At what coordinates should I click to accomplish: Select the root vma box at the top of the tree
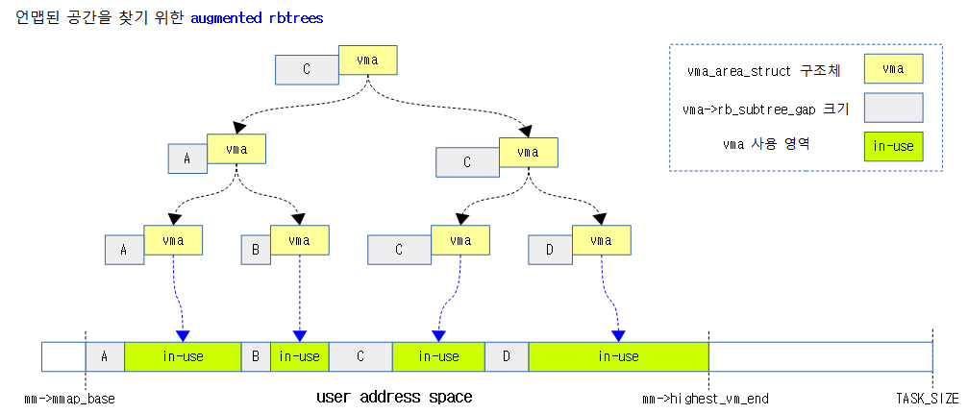[x=367, y=60]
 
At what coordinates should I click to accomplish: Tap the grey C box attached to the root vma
[x=306, y=69]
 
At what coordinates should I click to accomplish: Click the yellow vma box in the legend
[x=893, y=68]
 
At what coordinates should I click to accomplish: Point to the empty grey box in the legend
[x=893, y=107]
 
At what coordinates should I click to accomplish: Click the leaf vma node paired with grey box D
[x=601, y=240]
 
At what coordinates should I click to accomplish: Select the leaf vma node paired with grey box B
[x=299, y=240]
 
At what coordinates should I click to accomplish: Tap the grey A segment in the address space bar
[x=105, y=356]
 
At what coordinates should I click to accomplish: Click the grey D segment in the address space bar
[x=506, y=356]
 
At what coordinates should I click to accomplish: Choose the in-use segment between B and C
[x=299, y=356]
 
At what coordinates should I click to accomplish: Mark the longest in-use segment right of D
[x=618, y=356]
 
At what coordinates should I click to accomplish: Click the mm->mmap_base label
[x=69, y=398]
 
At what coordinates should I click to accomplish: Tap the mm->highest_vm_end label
[x=705, y=398]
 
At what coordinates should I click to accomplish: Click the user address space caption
[x=394, y=397]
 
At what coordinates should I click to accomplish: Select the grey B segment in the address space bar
[x=255, y=356]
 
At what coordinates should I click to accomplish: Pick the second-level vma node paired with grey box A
[x=236, y=149]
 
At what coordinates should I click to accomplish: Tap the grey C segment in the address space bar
[x=360, y=356]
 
